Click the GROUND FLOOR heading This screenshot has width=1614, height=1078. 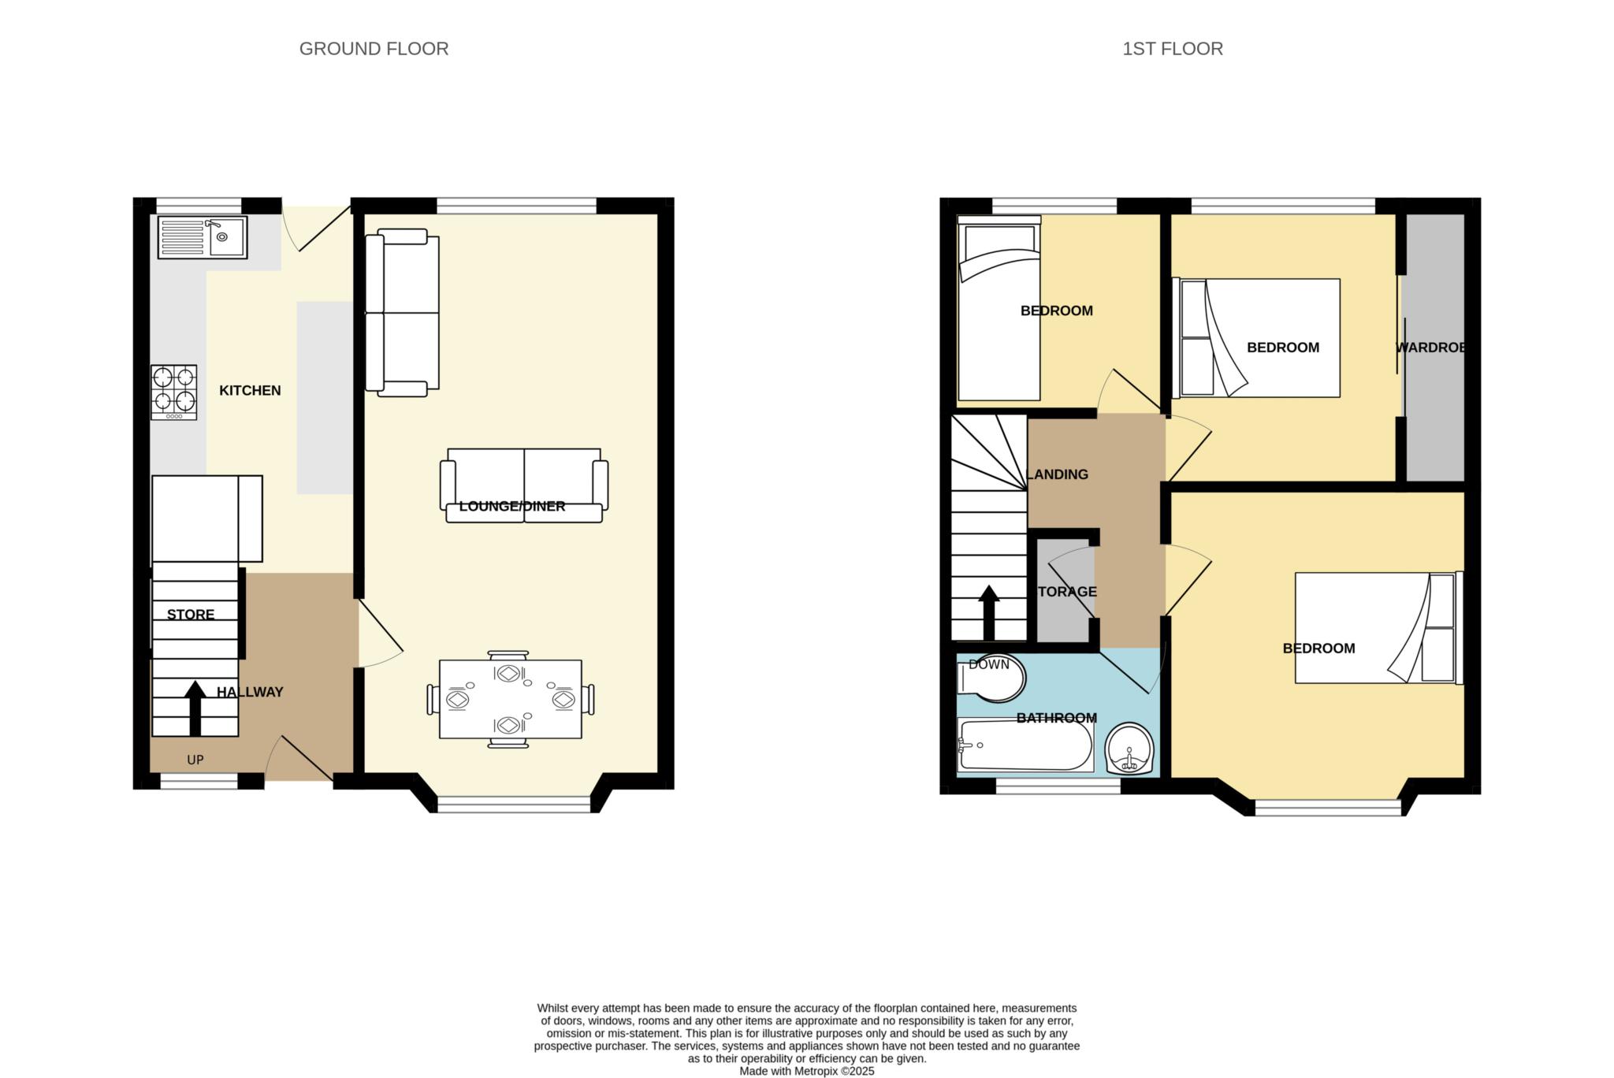coord(374,49)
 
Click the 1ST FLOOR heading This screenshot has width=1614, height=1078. coord(1173,49)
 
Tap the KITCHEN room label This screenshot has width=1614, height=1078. coord(250,390)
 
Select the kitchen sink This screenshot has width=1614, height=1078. coord(203,237)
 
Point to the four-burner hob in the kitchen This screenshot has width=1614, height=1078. coord(174,392)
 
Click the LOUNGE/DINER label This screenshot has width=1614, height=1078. coord(512,506)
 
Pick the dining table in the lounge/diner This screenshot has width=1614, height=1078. coord(511,699)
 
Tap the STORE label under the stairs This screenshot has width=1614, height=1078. coord(191,615)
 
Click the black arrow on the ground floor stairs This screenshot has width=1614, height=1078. coord(195,708)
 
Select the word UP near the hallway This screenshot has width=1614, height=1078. coord(195,760)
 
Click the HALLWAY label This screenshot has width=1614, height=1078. coord(250,692)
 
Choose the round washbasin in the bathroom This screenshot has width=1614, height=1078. coord(1129,749)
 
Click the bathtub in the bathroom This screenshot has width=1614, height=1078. coord(1025,745)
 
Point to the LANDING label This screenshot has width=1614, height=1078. coord(1058,474)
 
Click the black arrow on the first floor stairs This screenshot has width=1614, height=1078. coord(988,612)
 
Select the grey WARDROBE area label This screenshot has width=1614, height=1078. coord(1430,348)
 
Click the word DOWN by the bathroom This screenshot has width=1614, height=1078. coord(989,664)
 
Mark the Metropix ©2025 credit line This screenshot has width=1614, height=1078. coord(807,1071)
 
